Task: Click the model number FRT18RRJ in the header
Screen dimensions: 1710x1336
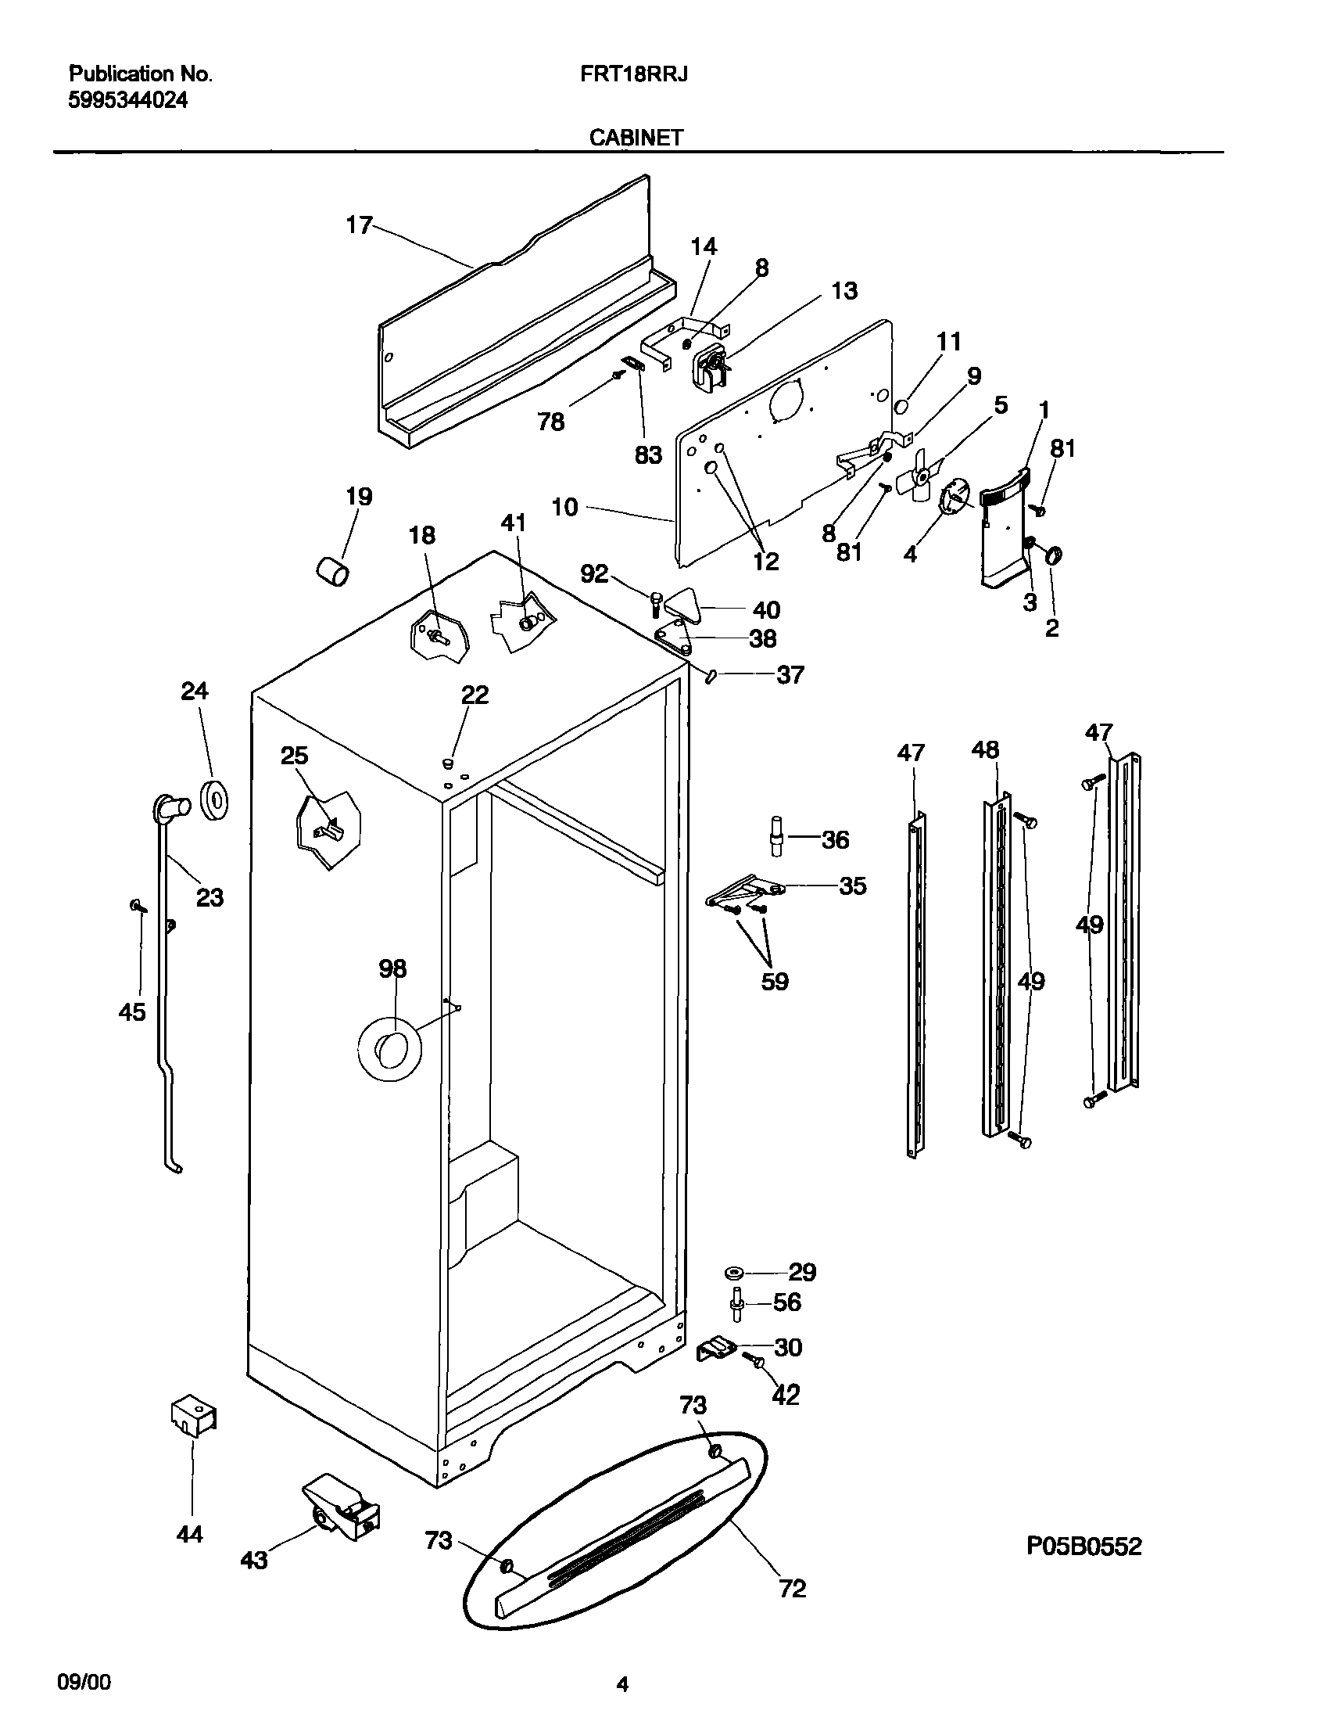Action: tap(634, 74)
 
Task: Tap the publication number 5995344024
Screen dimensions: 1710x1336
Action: tap(128, 100)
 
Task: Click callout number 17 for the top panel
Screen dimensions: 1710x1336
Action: tap(360, 225)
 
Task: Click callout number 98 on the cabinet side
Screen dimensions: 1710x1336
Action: tap(392, 969)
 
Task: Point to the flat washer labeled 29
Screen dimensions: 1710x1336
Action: tap(736, 1270)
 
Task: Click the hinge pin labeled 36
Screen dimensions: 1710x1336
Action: tap(777, 839)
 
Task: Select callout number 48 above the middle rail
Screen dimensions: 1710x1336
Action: tap(984, 750)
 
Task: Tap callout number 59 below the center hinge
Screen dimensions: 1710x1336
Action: tap(775, 981)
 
